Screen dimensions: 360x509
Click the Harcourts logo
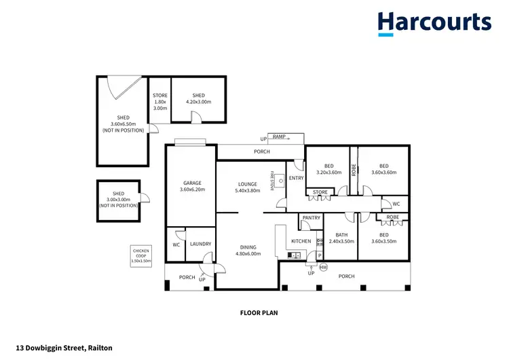(x=434, y=22)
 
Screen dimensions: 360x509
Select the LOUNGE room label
(x=247, y=183)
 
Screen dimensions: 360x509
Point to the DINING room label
(x=248, y=247)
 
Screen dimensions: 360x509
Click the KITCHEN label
(x=301, y=241)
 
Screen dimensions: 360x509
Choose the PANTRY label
(x=311, y=218)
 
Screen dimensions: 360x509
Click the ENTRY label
(x=296, y=178)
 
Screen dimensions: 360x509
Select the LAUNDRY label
(x=200, y=244)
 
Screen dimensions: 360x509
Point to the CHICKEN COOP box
(x=141, y=255)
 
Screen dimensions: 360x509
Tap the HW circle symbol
(x=323, y=266)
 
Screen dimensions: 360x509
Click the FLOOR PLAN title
(x=259, y=314)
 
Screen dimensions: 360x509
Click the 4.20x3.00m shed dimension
(x=198, y=102)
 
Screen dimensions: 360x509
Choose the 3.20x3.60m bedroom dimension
(x=328, y=173)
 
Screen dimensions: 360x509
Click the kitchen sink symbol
(x=294, y=255)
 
